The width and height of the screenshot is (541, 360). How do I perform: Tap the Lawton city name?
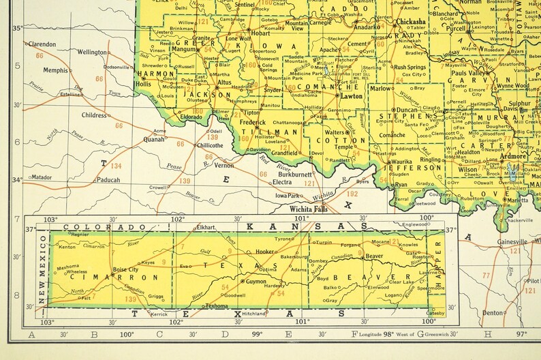352,96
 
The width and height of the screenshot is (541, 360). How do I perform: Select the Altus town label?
223,82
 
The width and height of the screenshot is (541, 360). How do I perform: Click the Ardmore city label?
513,155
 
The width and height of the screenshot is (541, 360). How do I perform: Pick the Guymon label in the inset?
256,281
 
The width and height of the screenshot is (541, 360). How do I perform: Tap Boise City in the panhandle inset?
125,269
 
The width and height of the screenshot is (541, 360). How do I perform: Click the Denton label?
491,312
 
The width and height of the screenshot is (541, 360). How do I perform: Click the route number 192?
352,194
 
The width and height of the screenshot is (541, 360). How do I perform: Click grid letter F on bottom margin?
354,334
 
